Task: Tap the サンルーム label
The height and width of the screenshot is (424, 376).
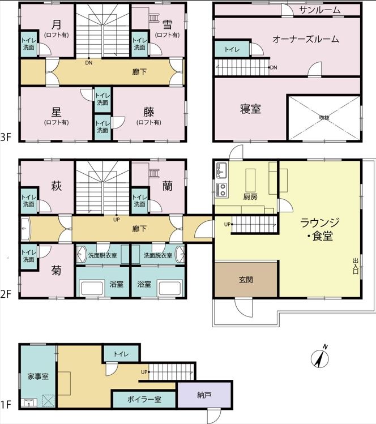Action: (x=319, y=10)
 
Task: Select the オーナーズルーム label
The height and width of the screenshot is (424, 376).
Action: (x=306, y=39)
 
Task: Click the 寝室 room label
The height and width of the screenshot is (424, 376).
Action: (x=250, y=109)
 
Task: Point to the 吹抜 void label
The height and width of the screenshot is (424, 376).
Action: (x=324, y=118)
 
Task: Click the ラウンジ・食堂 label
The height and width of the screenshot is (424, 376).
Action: (x=319, y=229)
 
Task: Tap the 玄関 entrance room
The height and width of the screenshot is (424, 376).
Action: (x=246, y=279)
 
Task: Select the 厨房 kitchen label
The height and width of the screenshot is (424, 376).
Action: (x=250, y=196)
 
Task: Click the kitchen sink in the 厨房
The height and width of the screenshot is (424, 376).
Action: (x=222, y=170)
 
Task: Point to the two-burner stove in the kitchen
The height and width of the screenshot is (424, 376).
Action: (x=222, y=190)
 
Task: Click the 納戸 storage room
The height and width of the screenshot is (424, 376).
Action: (x=204, y=395)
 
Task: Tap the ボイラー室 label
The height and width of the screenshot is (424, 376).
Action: (x=144, y=400)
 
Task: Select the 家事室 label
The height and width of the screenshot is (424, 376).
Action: (x=38, y=376)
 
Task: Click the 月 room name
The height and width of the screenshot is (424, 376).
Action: (x=56, y=24)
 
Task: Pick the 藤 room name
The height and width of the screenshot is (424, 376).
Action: (x=149, y=112)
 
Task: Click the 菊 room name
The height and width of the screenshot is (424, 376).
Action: (x=56, y=270)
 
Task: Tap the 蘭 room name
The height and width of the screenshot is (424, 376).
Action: (x=168, y=186)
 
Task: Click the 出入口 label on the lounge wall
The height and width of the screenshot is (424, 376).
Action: (x=356, y=266)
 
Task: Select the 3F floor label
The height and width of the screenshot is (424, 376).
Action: (x=6, y=138)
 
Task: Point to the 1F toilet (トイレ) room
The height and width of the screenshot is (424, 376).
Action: (x=121, y=354)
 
